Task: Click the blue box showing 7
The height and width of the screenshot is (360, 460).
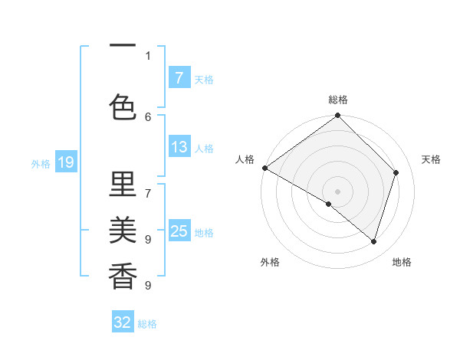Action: pos(179,77)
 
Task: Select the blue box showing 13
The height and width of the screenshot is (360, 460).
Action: pos(179,147)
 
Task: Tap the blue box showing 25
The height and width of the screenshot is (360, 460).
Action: pos(179,231)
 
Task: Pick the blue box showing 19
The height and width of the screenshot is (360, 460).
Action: pos(65,162)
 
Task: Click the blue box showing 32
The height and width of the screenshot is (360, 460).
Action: pos(122,322)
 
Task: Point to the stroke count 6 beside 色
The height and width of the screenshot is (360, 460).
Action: pos(148,116)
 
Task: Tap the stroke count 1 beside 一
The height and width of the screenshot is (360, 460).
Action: pos(148,55)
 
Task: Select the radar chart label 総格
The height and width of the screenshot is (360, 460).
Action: pos(338,100)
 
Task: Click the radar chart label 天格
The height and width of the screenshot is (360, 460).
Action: pos(432,159)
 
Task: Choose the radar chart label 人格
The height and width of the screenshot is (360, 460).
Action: pos(245,159)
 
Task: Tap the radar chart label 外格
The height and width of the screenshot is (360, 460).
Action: pos(269,262)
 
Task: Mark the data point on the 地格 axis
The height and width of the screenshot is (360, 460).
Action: pos(374,241)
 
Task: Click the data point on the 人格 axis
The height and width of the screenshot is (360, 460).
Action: pos(264,168)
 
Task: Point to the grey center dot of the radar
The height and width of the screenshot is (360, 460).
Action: pos(337,191)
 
